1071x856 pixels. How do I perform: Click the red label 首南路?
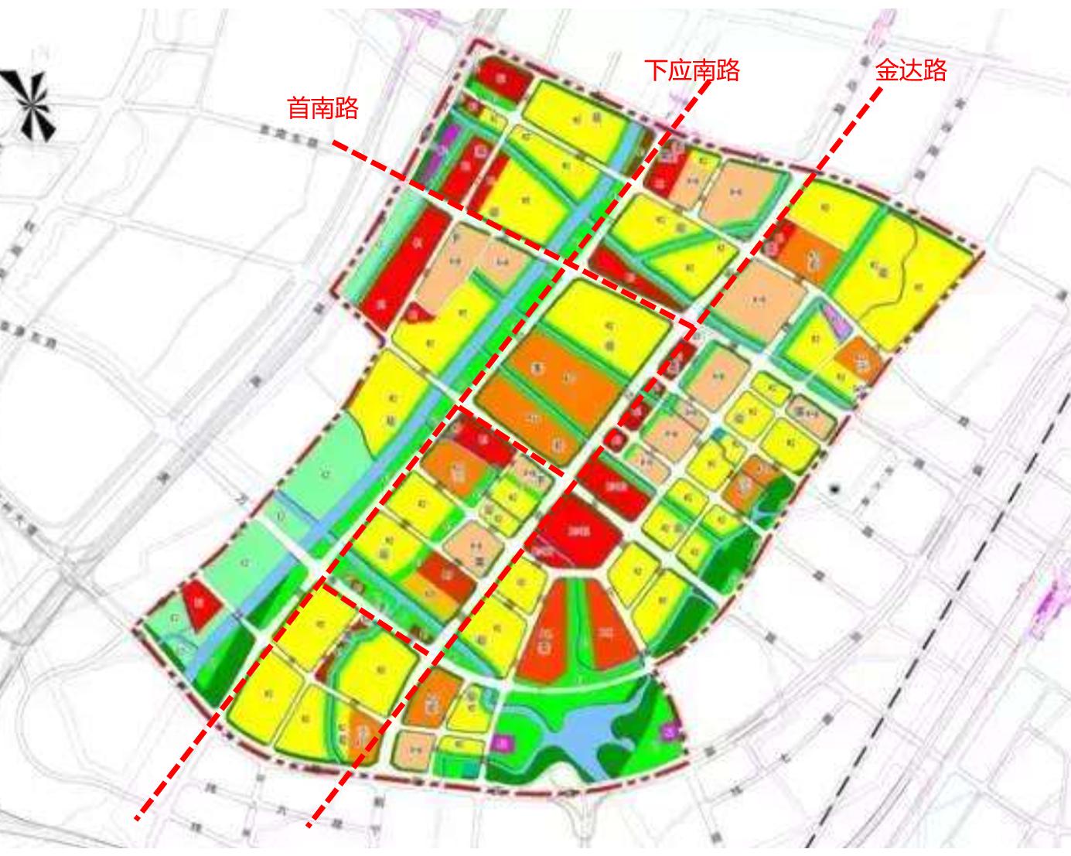322,108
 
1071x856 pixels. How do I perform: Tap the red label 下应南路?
692,70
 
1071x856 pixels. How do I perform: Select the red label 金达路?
910,71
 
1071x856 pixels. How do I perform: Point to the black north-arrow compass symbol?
31,104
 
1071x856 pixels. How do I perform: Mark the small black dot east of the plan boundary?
834,489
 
